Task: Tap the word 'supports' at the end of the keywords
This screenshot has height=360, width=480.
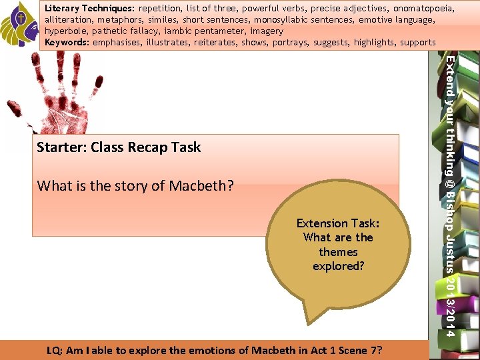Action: (x=418, y=43)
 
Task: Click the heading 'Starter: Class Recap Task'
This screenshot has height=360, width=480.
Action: (x=119, y=147)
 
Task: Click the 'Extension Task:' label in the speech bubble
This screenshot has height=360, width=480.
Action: (x=338, y=223)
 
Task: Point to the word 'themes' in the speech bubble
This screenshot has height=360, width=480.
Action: (x=338, y=252)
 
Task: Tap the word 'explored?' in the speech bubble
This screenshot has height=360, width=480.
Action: (x=338, y=266)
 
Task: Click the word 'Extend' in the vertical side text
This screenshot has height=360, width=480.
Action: (x=451, y=73)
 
